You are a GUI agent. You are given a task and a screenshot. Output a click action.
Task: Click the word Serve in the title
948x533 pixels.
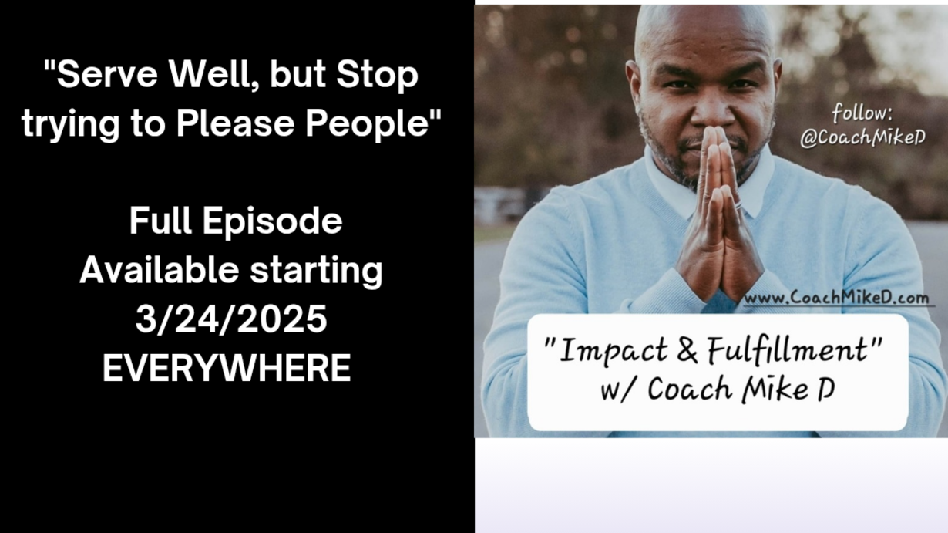click(x=107, y=75)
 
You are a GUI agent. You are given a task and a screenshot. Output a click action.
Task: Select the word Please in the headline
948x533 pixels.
click(x=235, y=123)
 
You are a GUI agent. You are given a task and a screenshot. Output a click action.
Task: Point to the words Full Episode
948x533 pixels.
click(x=236, y=221)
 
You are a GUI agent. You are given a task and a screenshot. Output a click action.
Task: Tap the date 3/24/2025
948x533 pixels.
click(x=231, y=319)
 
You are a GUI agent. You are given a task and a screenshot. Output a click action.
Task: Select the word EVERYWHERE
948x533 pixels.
click(x=227, y=368)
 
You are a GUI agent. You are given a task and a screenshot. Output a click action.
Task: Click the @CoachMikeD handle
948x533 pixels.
click(x=863, y=137)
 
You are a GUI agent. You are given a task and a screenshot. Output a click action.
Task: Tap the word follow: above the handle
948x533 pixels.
click(x=862, y=113)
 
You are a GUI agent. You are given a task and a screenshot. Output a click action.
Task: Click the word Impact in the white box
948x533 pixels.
click(x=614, y=351)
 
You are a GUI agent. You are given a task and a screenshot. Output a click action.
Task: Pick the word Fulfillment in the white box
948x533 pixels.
click(x=787, y=350)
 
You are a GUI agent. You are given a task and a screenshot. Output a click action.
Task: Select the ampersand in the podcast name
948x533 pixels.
click(x=687, y=350)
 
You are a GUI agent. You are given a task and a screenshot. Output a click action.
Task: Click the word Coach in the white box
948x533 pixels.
click(x=690, y=389)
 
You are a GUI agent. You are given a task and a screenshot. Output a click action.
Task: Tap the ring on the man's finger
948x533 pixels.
click(x=738, y=204)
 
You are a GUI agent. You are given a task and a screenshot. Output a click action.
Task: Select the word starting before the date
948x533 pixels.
click(x=316, y=272)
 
